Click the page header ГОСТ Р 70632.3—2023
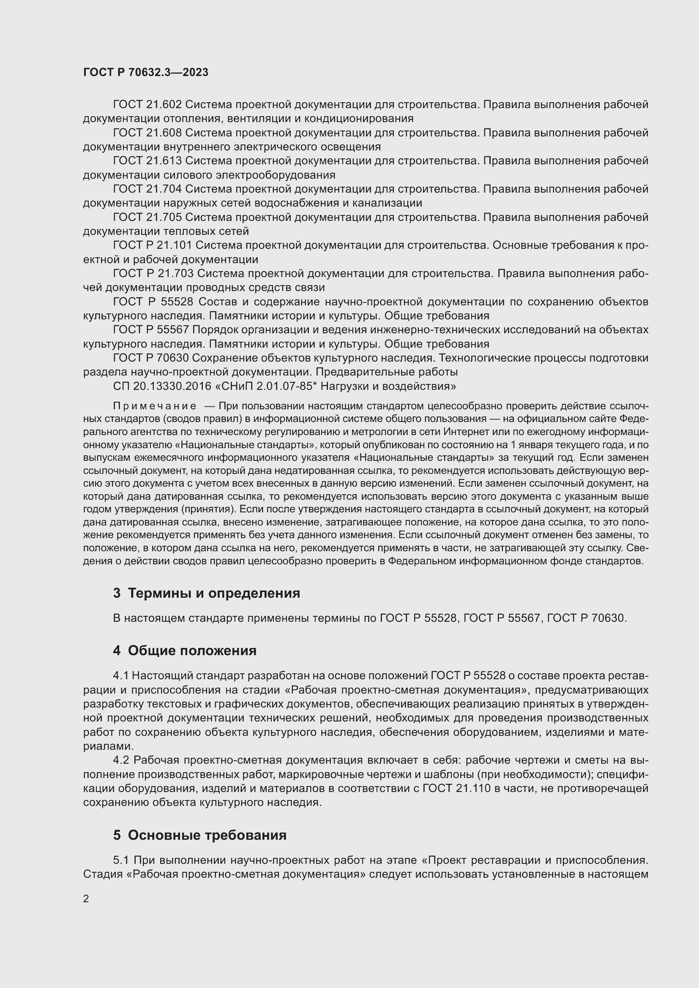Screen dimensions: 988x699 point(145,73)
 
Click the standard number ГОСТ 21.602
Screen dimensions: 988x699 point(147,105)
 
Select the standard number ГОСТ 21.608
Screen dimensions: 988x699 point(147,133)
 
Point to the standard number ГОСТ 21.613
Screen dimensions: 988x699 point(147,161)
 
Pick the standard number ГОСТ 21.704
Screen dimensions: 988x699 point(147,189)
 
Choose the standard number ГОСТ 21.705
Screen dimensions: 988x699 point(147,217)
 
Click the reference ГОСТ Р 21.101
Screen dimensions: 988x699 point(153,245)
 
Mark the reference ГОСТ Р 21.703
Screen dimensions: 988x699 point(153,274)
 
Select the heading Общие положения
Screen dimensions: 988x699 point(192,650)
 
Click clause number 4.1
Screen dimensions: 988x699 point(120,676)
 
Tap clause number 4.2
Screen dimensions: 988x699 point(121,760)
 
